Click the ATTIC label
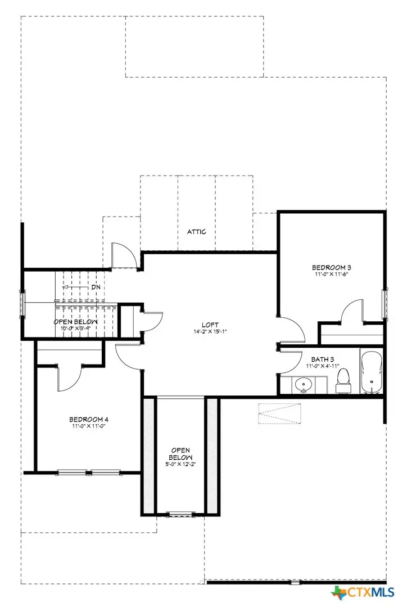pos(196,232)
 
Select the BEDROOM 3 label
pos(332,267)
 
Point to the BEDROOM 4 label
pos(87,419)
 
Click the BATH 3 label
pos(322,357)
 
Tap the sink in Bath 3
pos(304,385)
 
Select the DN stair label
pos(96,287)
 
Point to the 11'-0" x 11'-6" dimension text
pos(332,275)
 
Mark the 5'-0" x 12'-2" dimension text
pos(181,465)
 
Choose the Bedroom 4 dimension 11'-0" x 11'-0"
pos(87,426)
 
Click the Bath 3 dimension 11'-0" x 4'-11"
pos(322,366)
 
